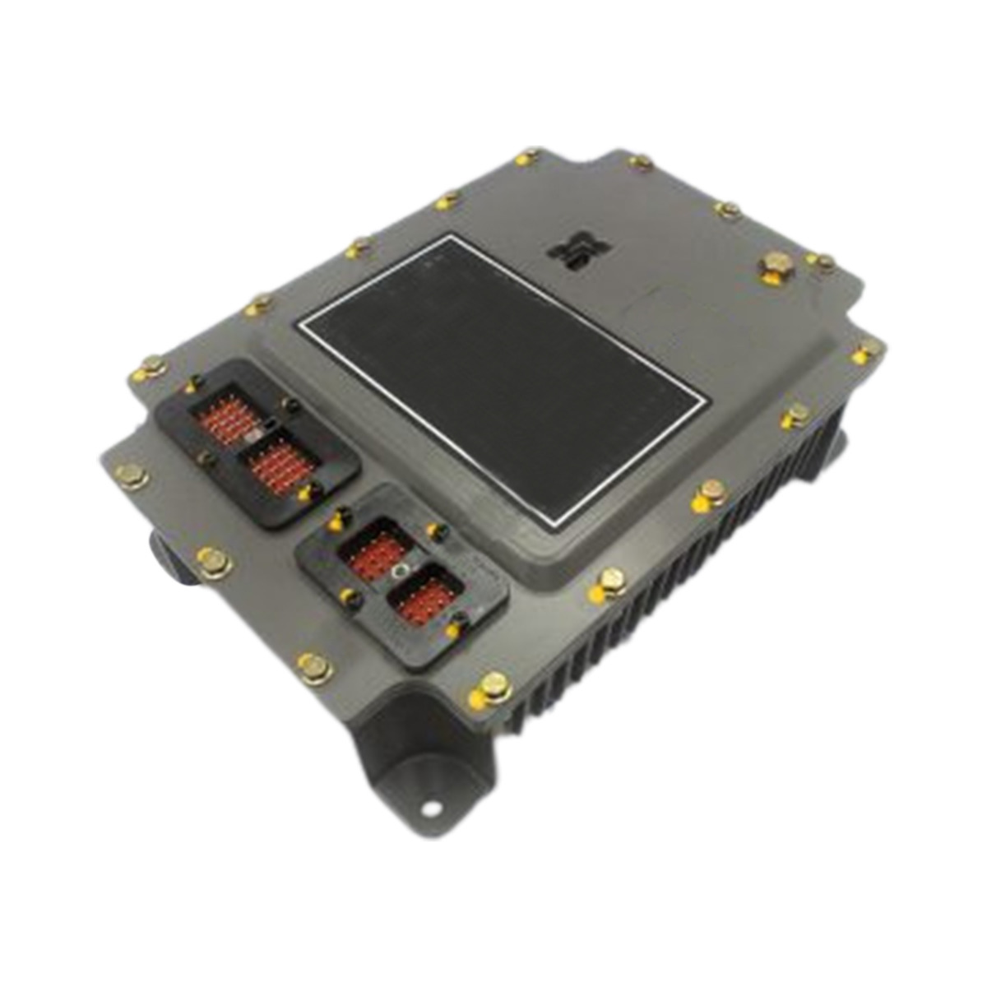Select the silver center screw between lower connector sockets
(x=401, y=571)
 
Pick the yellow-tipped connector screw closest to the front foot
(x=452, y=631)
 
